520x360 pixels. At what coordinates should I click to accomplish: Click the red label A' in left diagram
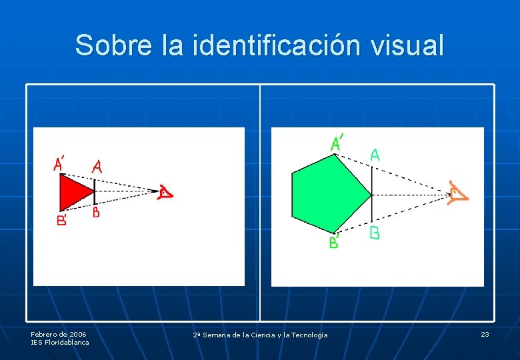point(59,163)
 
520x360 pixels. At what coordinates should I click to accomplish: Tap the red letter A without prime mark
point(97,167)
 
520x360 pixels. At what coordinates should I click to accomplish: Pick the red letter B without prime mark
point(96,213)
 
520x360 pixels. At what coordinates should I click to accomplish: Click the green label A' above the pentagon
point(337,143)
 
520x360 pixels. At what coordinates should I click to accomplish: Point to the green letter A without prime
point(375,155)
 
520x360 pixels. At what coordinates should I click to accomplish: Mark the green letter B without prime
point(375,233)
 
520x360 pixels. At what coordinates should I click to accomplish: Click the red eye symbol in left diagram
point(165,193)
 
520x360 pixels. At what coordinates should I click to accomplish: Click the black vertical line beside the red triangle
point(95,191)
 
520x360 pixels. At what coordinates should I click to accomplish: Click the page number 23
point(485,334)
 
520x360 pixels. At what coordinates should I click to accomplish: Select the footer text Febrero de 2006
point(58,333)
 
